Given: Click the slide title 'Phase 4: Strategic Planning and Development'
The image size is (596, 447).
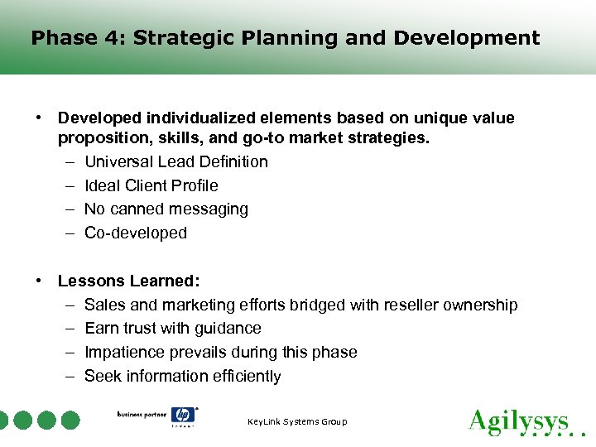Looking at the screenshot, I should coord(285,38).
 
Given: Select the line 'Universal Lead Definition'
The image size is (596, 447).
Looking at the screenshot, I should coord(176,161).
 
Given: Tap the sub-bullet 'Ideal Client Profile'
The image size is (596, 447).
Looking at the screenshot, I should coord(151,185).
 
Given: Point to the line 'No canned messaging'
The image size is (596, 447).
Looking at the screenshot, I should coord(166,209).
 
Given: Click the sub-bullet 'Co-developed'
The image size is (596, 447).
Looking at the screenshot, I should coord(136,233).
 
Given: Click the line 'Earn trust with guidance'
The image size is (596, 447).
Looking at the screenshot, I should coord(173,329).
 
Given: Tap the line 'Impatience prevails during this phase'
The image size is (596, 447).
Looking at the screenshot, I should coord(221,352).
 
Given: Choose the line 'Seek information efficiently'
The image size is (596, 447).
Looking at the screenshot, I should coord(183,376).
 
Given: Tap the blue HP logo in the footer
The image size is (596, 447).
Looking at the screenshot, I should coord(183,416).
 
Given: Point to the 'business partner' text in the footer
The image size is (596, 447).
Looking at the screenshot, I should coord(142,414).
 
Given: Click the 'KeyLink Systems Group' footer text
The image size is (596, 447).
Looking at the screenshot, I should coord(297,422).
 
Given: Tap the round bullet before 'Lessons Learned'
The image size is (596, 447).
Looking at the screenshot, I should coord(39,281).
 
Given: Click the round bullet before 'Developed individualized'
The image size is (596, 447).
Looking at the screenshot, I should coord(39,118).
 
